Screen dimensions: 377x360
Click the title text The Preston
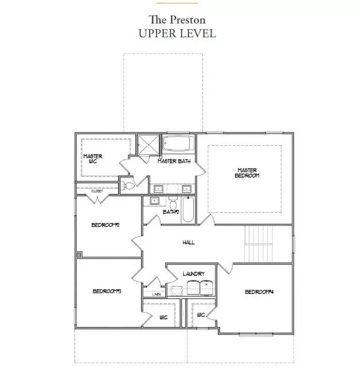point(177,20)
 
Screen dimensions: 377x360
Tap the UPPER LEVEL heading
point(177,33)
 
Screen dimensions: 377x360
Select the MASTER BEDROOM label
point(248,173)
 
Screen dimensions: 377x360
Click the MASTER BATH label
point(174,161)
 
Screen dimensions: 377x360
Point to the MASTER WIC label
point(92,158)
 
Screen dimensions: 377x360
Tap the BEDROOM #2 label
point(105,225)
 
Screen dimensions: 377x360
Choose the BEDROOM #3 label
point(106,292)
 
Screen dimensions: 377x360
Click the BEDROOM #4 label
point(259,292)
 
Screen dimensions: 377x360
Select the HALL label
point(188,242)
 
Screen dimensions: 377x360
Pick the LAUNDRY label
point(193,274)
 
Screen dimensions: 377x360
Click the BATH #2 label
point(171,212)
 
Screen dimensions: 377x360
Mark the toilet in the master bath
point(128,185)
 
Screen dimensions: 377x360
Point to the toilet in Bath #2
point(172,203)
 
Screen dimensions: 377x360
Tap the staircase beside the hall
point(259,243)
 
